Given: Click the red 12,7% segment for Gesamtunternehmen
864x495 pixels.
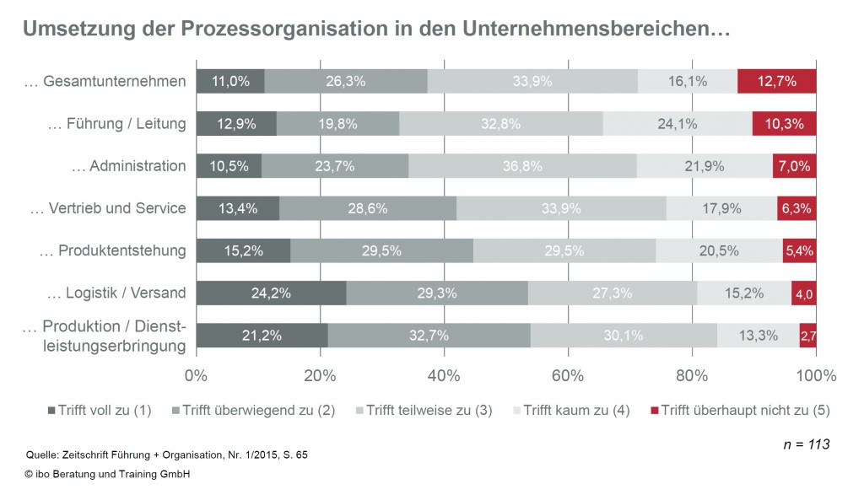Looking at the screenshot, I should (x=776, y=81).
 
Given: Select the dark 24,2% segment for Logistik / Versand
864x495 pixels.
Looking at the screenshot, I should (x=271, y=293).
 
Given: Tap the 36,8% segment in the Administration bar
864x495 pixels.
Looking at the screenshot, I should (x=522, y=165).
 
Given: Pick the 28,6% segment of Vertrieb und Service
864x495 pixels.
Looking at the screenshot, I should (x=368, y=208).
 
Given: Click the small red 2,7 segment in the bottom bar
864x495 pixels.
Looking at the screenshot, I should (x=808, y=336).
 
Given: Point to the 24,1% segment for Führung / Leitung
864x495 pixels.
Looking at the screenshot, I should (x=678, y=123).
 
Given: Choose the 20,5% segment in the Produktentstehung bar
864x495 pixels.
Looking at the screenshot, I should (x=718, y=250).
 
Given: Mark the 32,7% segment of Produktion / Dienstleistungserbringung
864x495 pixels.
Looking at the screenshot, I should (x=429, y=336).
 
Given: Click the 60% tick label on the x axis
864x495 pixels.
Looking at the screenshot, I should (x=569, y=374).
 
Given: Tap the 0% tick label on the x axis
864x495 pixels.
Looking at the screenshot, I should (x=196, y=374).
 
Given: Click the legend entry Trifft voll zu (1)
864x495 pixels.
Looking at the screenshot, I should (x=100, y=411).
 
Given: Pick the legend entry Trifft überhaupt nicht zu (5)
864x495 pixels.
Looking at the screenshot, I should (x=740, y=411).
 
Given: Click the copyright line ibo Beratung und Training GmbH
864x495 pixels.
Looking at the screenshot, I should (x=107, y=474).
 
